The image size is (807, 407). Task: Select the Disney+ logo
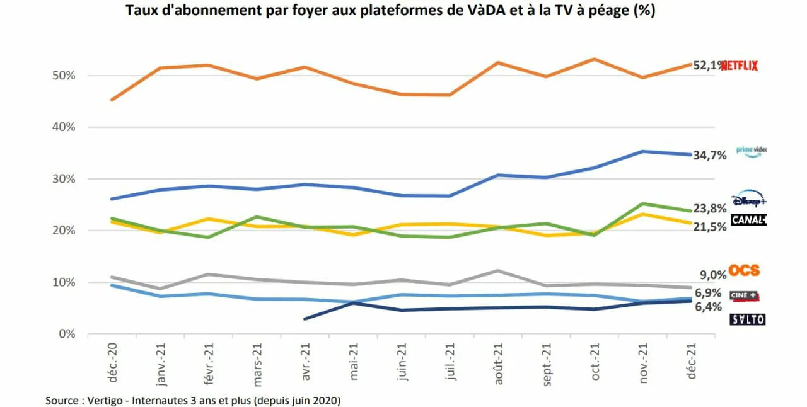pos(748,199)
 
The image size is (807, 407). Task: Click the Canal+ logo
pos(748,220)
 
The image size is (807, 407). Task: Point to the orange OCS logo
pos(744,270)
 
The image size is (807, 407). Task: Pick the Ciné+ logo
pos(744,295)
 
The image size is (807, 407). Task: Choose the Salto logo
pos(747,319)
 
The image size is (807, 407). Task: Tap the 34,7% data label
pos(710,155)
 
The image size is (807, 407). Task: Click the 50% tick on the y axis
pos(64,76)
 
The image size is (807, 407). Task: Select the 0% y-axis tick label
pos(67,334)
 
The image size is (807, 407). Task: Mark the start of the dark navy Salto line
pos(305,319)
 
